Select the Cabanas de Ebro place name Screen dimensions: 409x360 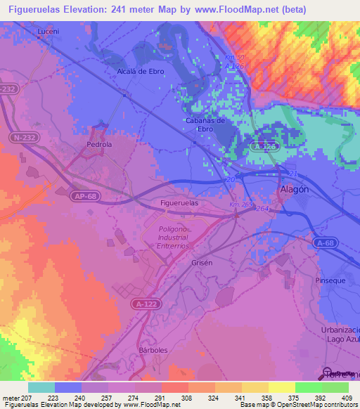tap(205, 124)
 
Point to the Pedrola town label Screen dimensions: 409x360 tap(99, 145)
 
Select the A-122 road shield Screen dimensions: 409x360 tap(143, 304)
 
